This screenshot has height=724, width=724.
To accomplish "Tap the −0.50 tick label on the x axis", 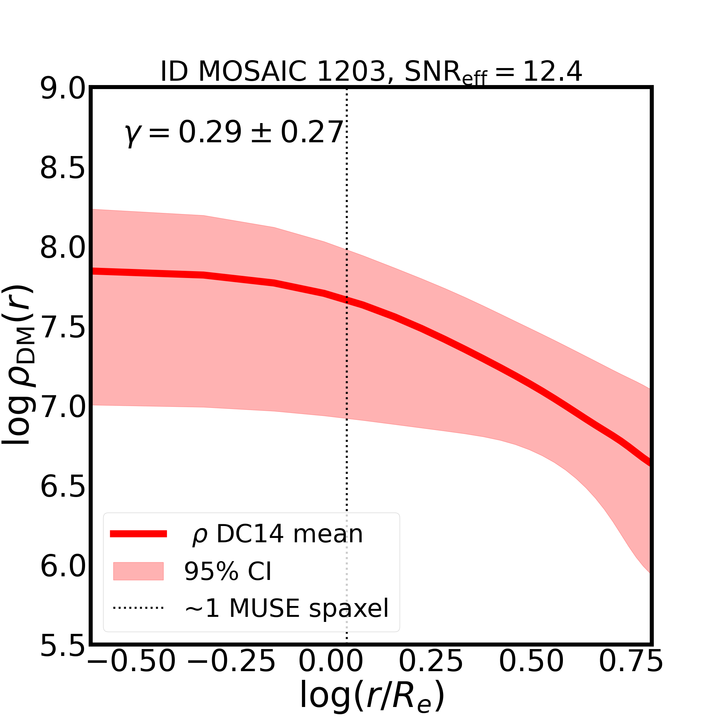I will tap(131, 672).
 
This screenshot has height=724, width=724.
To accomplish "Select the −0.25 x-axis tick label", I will tap(231, 672).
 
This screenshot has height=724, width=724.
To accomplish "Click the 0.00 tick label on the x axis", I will tap(331, 672).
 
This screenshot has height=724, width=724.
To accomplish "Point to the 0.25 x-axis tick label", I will tap(430, 672).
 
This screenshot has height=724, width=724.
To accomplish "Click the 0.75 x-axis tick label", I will tap(631, 672).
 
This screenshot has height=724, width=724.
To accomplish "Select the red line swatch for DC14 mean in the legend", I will tap(138, 534).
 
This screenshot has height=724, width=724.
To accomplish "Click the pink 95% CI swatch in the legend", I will tap(138, 571).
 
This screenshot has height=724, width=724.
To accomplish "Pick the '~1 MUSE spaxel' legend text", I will tap(287, 608).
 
